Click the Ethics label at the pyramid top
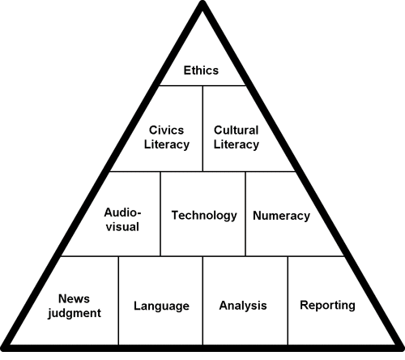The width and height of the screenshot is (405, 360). pyautogui.click(x=201, y=71)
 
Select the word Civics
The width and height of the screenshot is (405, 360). pyautogui.click(x=166, y=130)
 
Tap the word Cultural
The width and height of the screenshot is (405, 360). pyautogui.click(x=237, y=130)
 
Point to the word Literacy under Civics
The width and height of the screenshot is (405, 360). pyautogui.click(x=167, y=144)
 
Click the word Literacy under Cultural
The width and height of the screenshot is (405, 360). pyautogui.click(x=237, y=144)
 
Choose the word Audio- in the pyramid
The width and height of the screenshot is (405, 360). pyautogui.click(x=122, y=212)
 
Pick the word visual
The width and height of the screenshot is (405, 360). pyautogui.click(x=122, y=227)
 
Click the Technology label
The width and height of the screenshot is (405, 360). pyautogui.click(x=204, y=216)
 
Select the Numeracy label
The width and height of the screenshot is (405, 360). pyautogui.click(x=281, y=216)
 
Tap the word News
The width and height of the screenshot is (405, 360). pyautogui.click(x=74, y=299)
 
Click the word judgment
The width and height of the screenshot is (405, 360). pyautogui.click(x=75, y=314)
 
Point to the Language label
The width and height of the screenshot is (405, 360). pyautogui.click(x=161, y=306)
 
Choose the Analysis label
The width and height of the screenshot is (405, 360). pyautogui.click(x=243, y=306)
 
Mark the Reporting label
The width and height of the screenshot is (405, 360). pyautogui.click(x=327, y=306)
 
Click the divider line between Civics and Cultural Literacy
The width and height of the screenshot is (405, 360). pyautogui.click(x=202, y=128)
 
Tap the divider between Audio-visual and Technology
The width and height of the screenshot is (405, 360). pyautogui.click(x=160, y=213)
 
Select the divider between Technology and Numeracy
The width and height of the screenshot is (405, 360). pyautogui.click(x=245, y=213)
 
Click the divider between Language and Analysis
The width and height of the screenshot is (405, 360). pyautogui.click(x=202, y=301)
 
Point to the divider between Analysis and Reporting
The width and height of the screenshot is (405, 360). pyautogui.click(x=288, y=301)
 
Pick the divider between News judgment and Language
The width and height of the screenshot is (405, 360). pyautogui.click(x=118, y=301)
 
